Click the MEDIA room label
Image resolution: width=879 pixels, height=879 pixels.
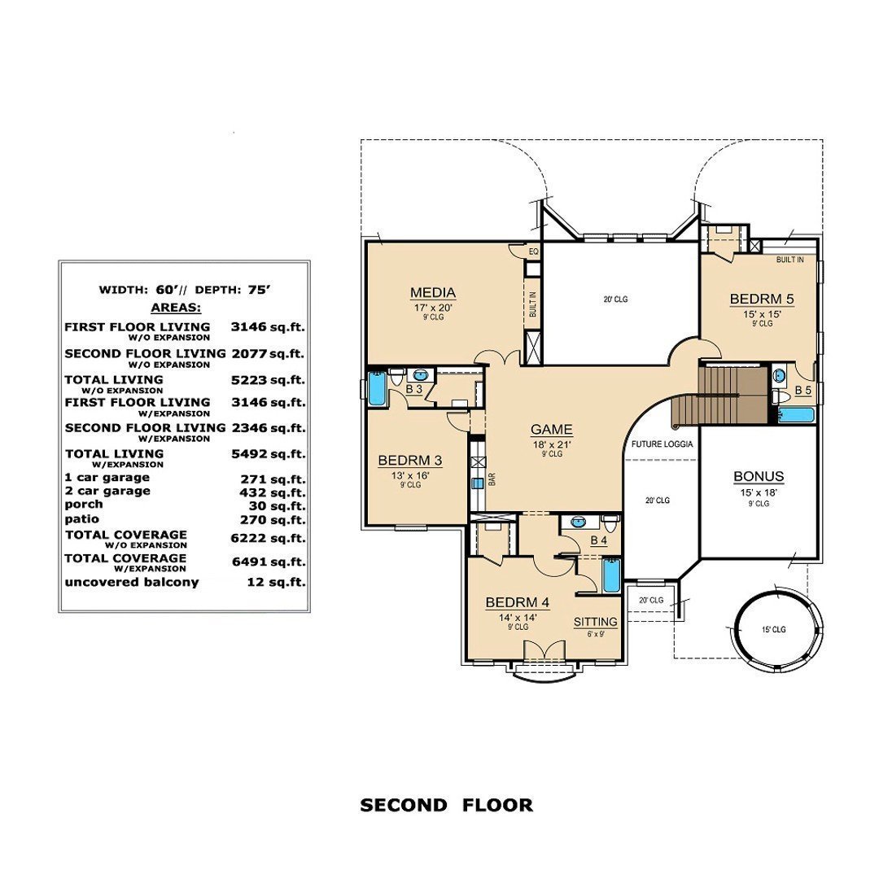pyautogui.click(x=432, y=293)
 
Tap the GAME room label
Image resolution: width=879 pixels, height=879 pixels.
pyautogui.click(x=552, y=430)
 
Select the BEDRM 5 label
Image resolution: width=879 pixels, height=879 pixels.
pyautogui.click(x=761, y=299)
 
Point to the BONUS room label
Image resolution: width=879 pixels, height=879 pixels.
pyautogui.click(x=758, y=477)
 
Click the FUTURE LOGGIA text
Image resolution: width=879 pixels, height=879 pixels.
pyautogui.click(x=662, y=445)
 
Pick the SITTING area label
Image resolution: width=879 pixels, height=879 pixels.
pyautogui.click(x=595, y=622)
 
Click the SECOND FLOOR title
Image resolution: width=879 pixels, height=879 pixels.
pyautogui.click(x=446, y=806)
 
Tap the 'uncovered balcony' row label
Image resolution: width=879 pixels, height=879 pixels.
pyautogui.click(x=131, y=582)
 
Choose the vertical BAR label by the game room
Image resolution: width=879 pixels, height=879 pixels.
pyautogui.click(x=491, y=481)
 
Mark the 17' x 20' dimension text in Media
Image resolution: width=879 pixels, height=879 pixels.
pyautogui.click(x=432, y=308)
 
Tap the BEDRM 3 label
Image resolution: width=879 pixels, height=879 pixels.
pyautogui.click(x=409, y=461)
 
